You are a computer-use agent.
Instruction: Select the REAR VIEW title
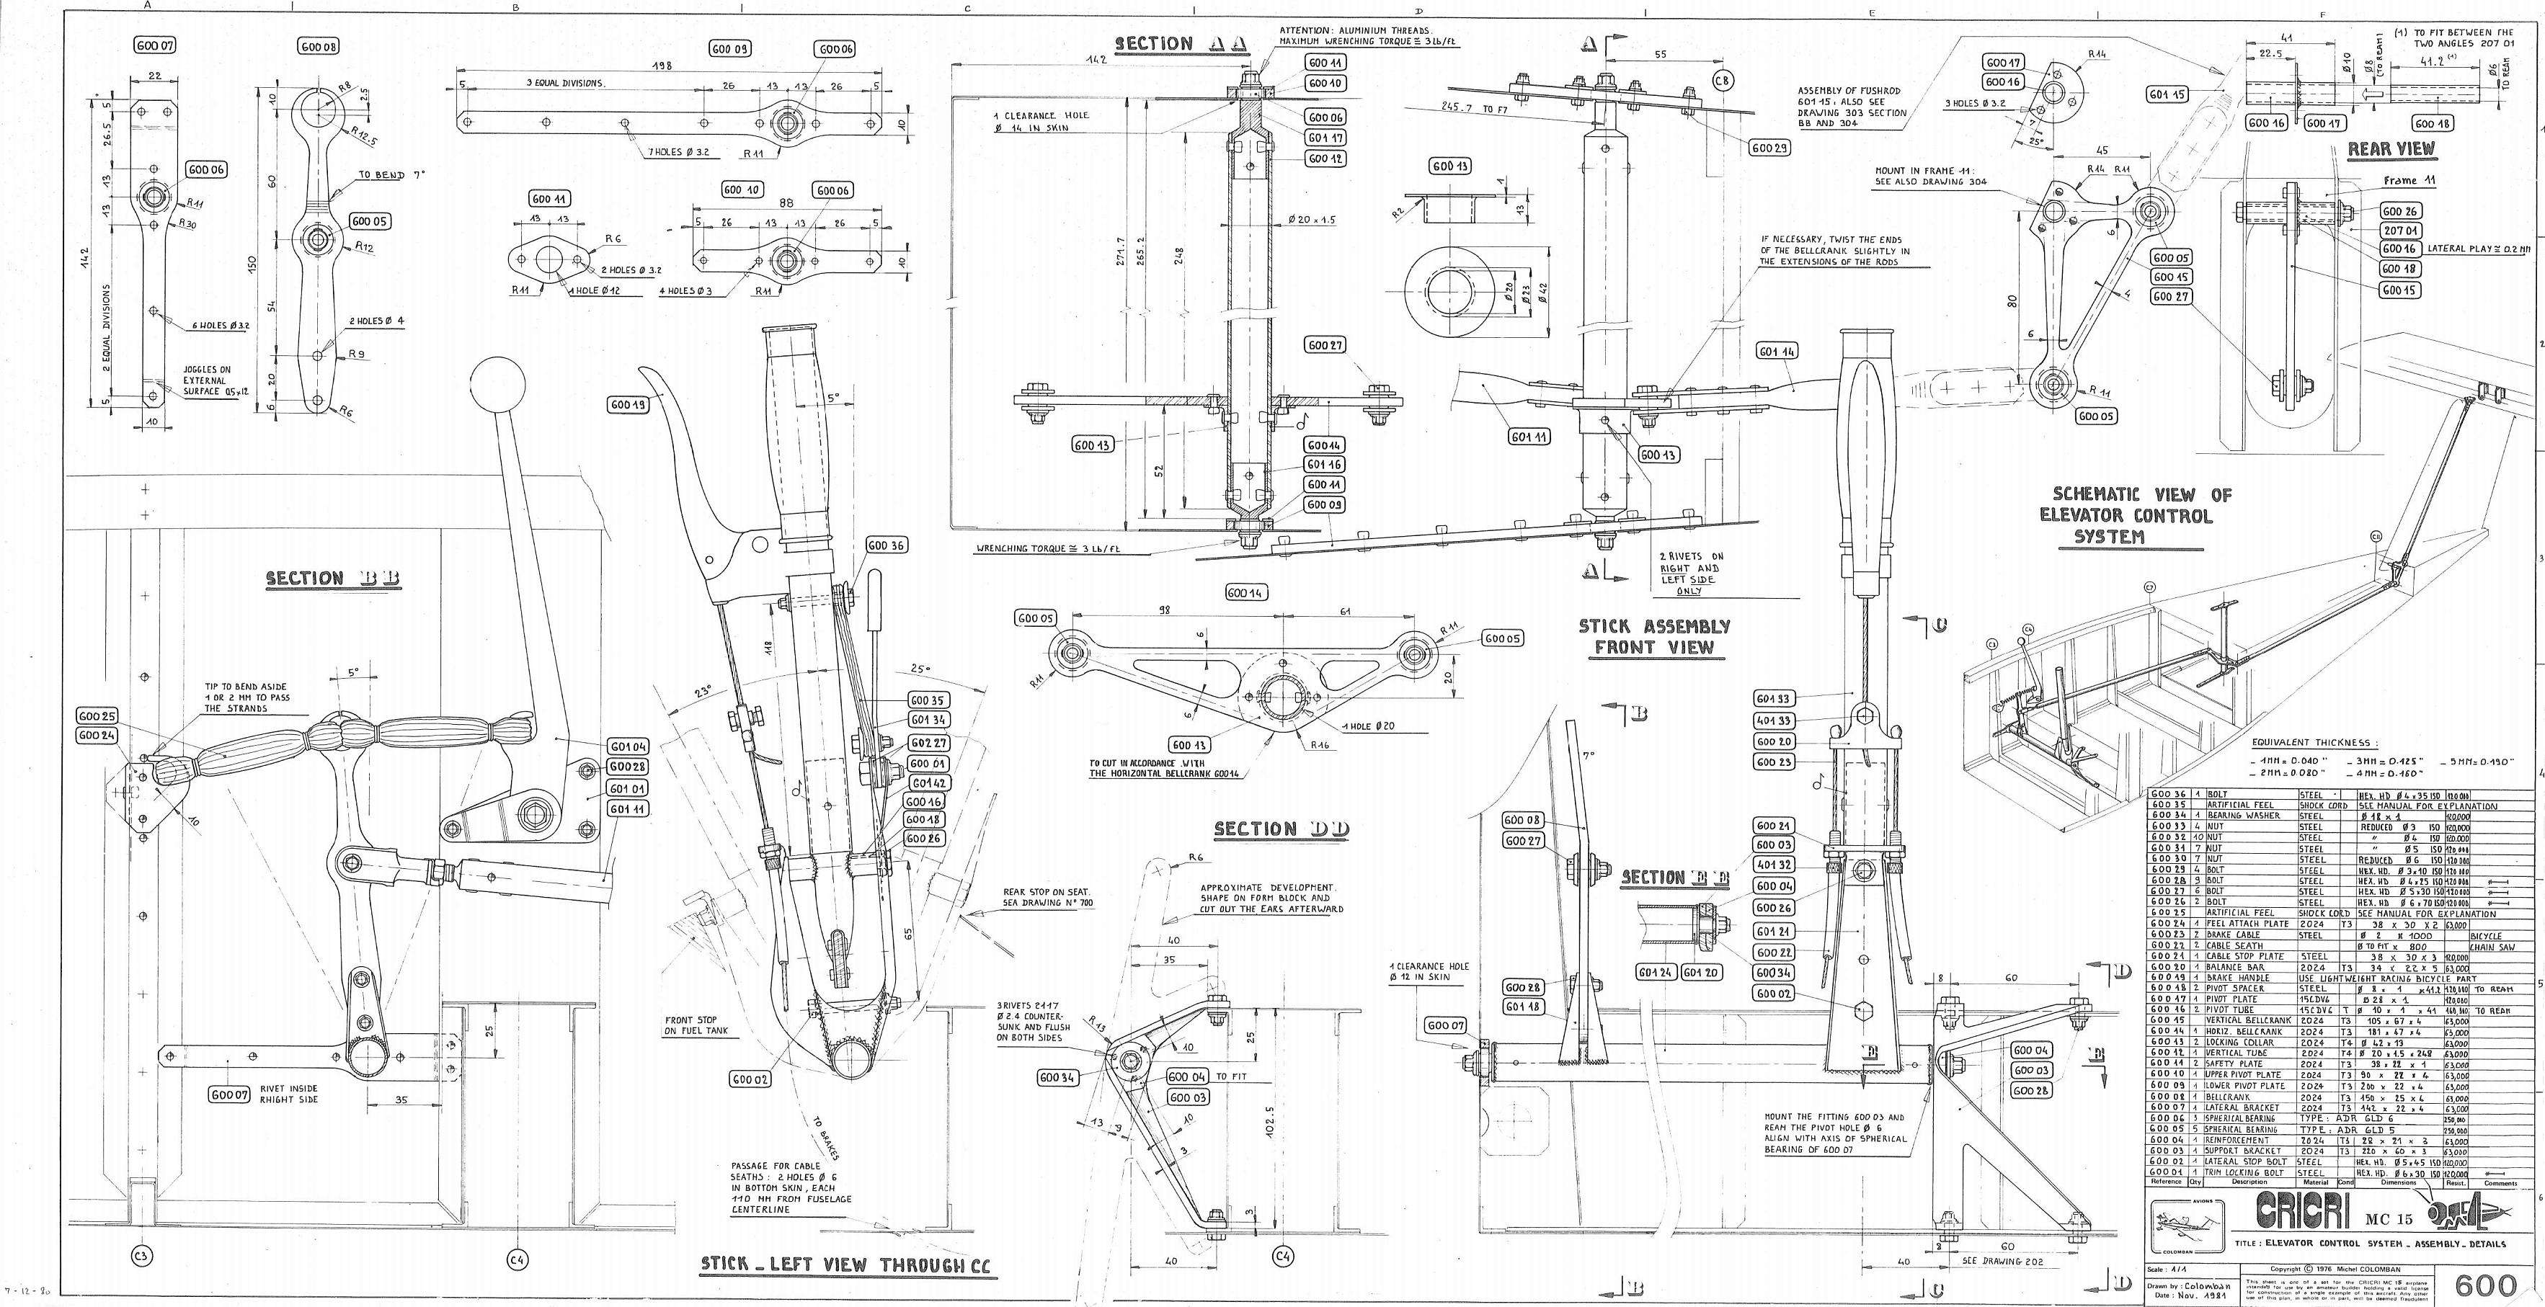(2391, 149)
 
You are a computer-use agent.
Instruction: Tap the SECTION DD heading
(1282, 829)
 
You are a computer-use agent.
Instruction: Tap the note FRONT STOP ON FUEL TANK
(692, 1025)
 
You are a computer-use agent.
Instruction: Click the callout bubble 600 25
(96, 715)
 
